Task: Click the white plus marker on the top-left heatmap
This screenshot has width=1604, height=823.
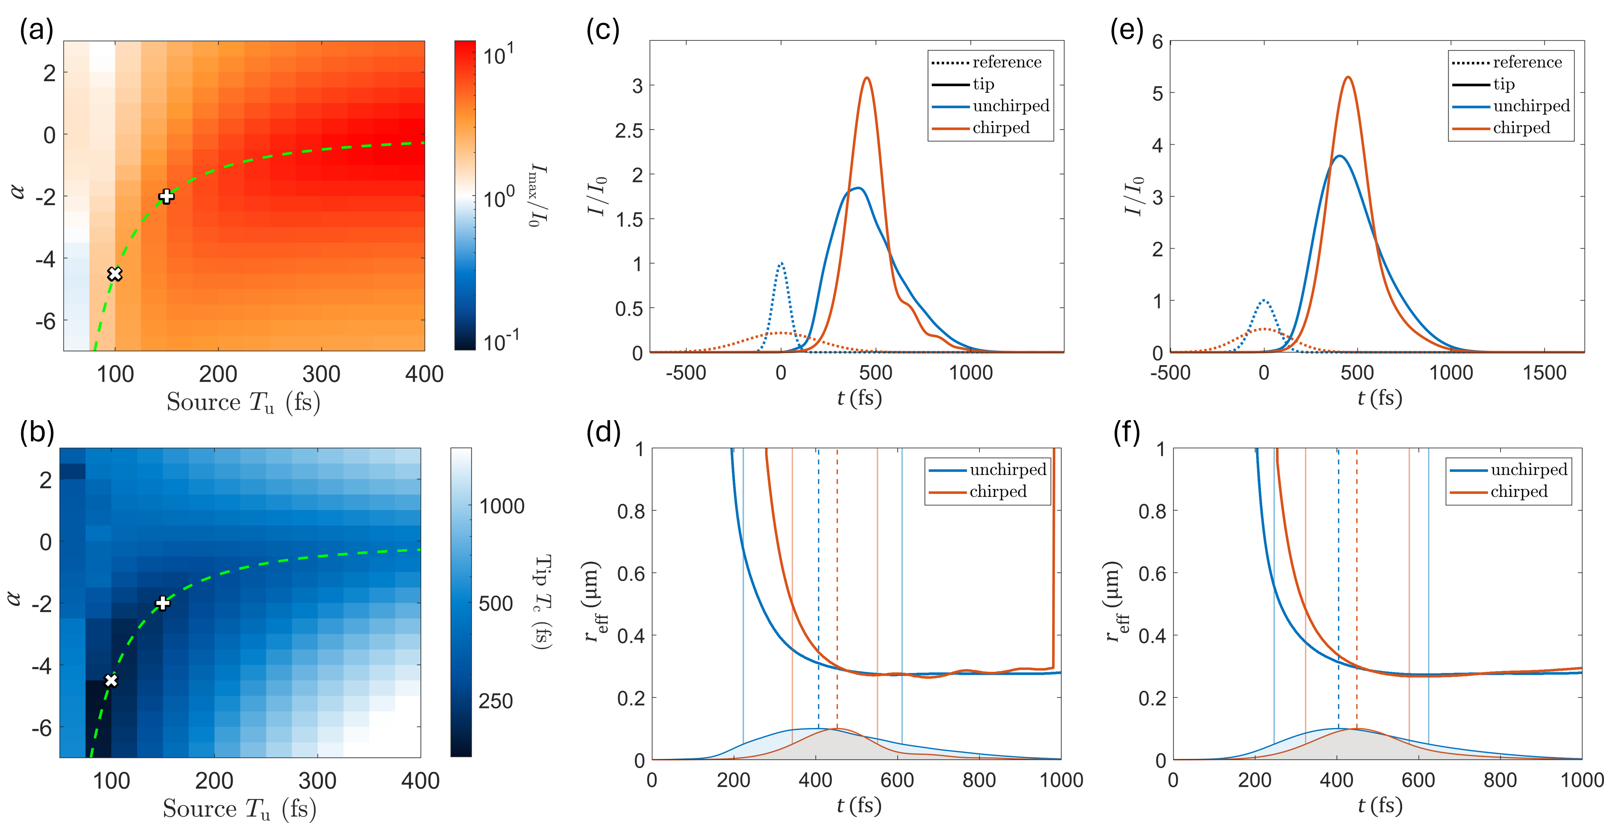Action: point(166,196)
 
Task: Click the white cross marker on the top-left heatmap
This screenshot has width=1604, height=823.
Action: point(115,274)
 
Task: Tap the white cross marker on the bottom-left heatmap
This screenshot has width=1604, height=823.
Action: point(111,680)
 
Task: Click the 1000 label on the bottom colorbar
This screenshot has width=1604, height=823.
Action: point(501,506)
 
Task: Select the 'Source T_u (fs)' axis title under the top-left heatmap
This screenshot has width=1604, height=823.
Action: point(243,402)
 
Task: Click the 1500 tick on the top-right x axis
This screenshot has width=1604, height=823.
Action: point(1544,373)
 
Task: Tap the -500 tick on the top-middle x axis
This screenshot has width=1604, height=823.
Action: point(686,373)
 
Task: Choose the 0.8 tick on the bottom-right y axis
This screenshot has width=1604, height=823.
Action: point(1152,511)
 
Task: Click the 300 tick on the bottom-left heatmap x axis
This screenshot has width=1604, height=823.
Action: point(318,781)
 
